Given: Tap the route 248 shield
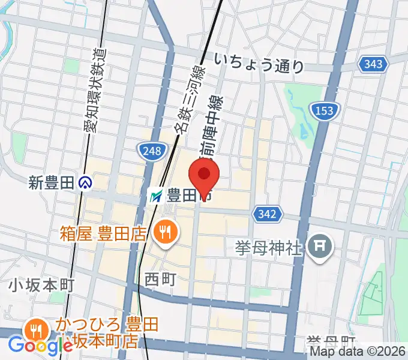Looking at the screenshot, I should [152, 151].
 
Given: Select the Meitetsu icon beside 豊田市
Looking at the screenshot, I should [156, 195].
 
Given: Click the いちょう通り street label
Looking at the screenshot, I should [259, 63].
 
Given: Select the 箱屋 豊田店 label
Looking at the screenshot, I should [103, 232].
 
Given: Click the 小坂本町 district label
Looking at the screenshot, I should [41, 286].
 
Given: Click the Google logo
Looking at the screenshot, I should [40, 346].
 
